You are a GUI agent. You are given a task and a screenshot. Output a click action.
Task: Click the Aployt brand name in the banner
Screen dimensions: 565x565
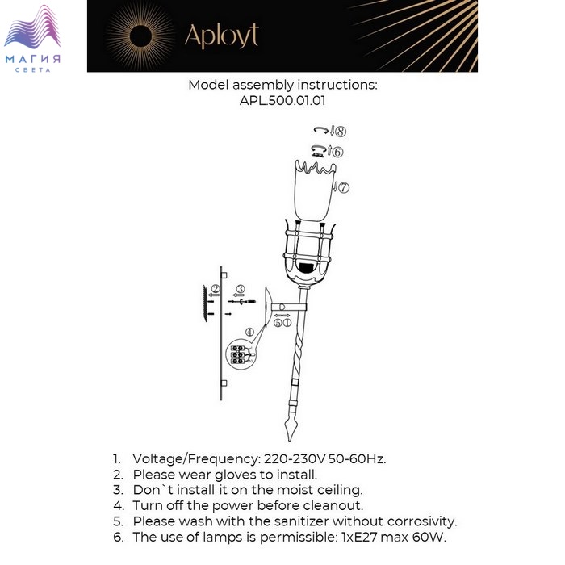(x=222, y=36)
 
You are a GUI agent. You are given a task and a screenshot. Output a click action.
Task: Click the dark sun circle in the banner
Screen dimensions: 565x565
(x=140, y=36)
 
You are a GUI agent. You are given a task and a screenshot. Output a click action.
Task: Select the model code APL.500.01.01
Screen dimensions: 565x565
(x=282, y=100)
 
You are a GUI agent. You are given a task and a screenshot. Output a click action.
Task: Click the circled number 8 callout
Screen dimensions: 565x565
(x=341, y=131)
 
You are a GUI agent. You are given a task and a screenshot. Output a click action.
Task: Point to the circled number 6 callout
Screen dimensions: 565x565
(x=337, y=152)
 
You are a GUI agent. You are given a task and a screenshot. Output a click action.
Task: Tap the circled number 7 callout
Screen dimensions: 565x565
(x=344, y=187)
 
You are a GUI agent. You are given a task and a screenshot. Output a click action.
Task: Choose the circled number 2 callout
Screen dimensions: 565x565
(x=216, y=289)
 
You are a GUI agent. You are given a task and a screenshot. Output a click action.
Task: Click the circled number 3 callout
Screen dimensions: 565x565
(x=241, y=289)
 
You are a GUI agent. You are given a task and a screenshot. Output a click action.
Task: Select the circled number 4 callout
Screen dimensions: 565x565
(x=249, y=332)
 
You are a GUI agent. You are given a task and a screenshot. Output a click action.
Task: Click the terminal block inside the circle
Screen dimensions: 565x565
(x=237, y=354)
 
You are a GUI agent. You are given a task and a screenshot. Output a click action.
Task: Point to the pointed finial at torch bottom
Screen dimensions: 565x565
(x=291, y=428)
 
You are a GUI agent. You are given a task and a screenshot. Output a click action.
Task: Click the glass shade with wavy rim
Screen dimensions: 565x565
(x=316, y=190)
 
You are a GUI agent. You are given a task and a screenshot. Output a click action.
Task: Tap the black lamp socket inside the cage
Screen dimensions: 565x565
(x=307, y=268)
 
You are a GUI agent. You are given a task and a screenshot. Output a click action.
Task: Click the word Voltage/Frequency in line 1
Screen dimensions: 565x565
(x=196, y=459)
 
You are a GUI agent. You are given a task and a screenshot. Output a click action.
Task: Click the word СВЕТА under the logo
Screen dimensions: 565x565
(x=33, y=70)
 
